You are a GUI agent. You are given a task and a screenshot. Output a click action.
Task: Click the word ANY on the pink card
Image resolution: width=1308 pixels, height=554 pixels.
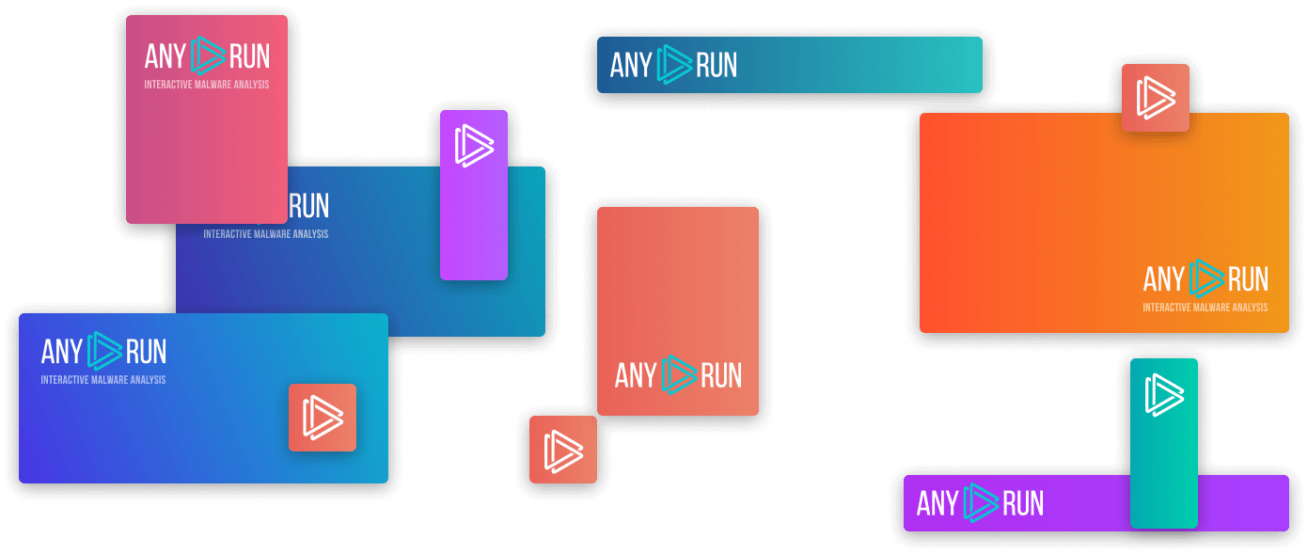point(165,57)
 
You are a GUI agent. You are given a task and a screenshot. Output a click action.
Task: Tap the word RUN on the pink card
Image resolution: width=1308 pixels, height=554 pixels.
point(250,57)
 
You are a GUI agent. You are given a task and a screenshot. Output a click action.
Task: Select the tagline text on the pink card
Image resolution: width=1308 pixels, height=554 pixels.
point(207,85)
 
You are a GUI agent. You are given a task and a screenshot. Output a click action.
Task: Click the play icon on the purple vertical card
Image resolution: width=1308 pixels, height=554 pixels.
point(474,146)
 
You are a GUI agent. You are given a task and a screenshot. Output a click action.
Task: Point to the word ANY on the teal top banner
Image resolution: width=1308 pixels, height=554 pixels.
point(631,65)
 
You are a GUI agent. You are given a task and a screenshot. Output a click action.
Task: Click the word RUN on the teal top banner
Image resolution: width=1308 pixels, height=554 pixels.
point(717,65)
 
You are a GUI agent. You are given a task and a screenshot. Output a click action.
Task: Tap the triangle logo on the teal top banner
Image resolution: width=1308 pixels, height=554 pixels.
point(674,65)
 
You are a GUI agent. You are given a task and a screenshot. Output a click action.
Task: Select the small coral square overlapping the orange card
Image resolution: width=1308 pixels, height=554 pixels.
point(1155,98)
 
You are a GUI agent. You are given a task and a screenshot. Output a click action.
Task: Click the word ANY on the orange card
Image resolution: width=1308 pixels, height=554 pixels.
point(1164,279)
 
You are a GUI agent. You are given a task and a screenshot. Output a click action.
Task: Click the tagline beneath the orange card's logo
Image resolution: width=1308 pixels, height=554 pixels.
point(1205,308)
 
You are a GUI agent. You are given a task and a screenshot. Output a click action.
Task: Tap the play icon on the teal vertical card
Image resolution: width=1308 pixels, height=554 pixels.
point(1163,394)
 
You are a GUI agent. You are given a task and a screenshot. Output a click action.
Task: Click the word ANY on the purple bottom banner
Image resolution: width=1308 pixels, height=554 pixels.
point(938,503)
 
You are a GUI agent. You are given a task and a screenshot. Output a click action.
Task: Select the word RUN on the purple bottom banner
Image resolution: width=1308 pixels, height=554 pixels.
point(1023,503)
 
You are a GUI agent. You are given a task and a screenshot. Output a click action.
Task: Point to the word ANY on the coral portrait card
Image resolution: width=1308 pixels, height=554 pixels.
point(636,375)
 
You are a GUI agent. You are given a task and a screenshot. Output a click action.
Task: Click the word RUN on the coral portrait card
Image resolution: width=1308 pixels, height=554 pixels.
point(721,375)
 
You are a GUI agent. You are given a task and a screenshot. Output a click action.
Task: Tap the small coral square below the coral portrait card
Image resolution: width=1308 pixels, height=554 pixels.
point(562,450)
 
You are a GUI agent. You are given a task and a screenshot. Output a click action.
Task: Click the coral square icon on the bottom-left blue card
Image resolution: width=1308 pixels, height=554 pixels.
point(322,418)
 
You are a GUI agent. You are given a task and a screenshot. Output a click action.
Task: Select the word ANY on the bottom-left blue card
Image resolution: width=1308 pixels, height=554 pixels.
point(62,352)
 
